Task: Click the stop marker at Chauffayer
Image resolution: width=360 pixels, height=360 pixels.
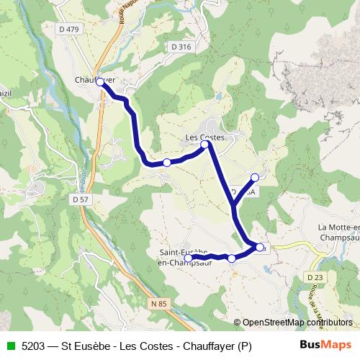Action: [x=100, y=82]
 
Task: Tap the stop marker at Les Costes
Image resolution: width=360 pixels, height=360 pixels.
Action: [x=204, y=145]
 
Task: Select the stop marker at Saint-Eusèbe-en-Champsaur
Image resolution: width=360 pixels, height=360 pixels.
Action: [x=188, y=258]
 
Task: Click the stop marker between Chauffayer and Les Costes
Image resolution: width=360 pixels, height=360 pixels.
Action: [x=167, y=163]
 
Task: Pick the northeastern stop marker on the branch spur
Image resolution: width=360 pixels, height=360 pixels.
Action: [x=254, y=176]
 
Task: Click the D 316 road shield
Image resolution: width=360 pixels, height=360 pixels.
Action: [x=181, y=47]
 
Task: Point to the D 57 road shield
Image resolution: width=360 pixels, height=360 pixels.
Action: [x=81, y=198]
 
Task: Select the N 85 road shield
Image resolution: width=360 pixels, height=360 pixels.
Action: [x=160, y=305]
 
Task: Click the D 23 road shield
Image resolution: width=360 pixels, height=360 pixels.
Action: [x=313, y=276]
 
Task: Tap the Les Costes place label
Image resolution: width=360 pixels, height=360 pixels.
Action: [x=205, y=137]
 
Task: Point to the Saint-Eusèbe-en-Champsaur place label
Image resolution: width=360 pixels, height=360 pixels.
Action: [x=183, y=257]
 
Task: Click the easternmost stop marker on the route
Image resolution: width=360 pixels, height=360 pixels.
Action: [x=260, y=247]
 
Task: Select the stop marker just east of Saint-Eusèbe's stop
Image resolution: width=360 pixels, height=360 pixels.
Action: [x=231, y=258]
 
